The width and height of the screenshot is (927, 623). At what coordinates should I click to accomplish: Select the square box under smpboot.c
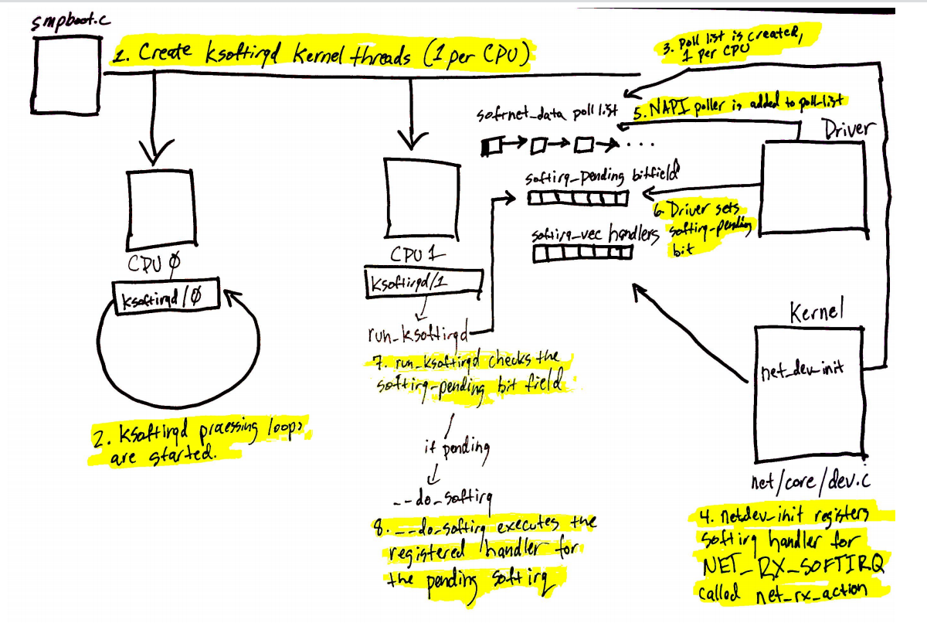click(66, 73)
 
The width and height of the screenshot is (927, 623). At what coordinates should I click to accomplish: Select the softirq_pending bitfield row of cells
click(579, 199)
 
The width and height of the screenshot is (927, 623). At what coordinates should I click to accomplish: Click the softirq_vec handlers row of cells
click(583, 252)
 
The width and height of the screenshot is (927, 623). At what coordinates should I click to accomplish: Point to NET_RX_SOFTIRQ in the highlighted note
click(791, 568)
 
